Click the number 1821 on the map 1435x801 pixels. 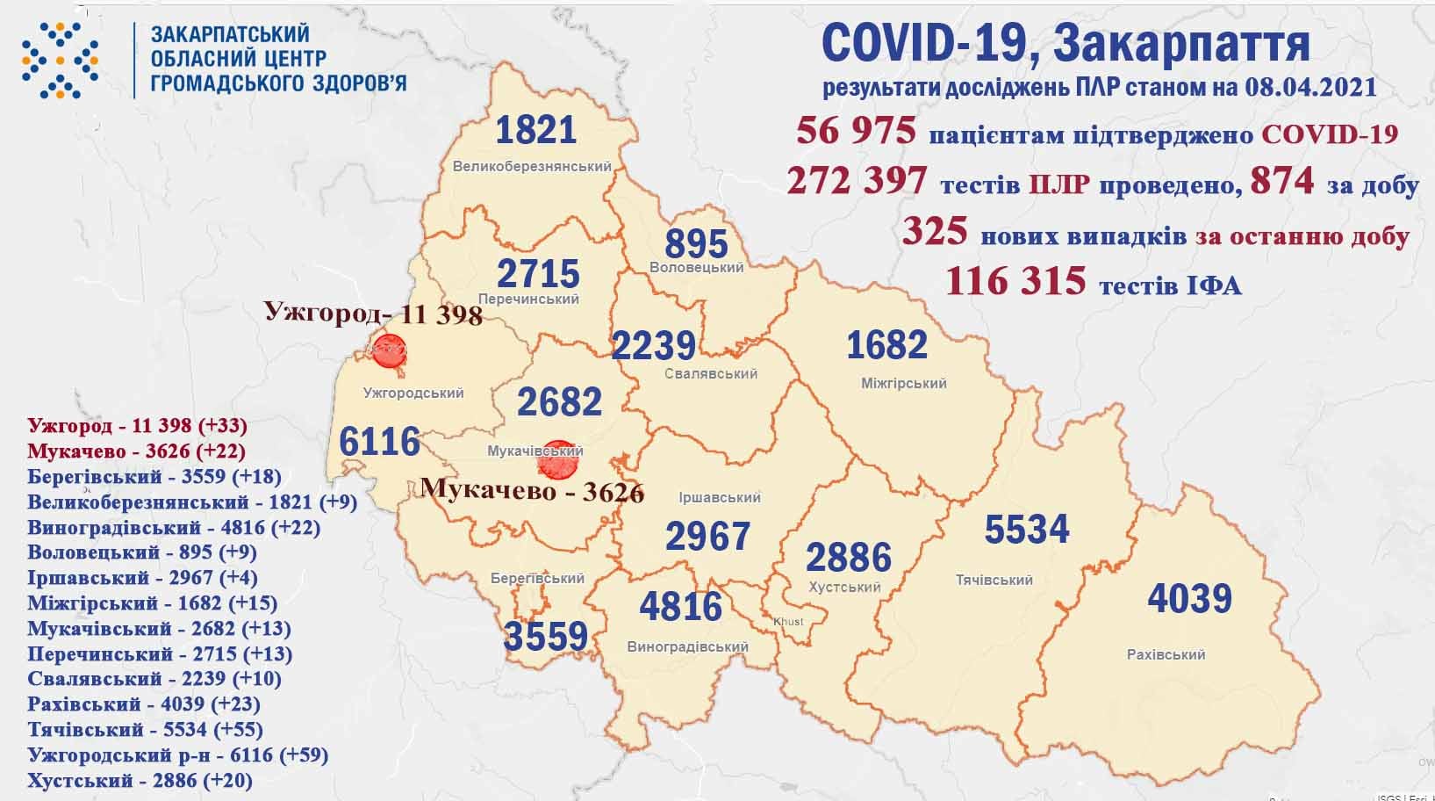535,130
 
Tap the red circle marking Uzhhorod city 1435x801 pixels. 389,351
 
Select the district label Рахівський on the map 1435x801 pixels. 1166,654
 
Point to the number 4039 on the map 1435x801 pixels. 1189,599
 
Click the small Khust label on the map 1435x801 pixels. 787,622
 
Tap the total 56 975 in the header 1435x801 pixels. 856,133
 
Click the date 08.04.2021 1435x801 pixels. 1309,88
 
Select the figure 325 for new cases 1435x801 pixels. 935,232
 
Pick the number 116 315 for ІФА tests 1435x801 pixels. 1015,281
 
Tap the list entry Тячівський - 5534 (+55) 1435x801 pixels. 145,729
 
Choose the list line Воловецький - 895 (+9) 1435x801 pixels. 141,552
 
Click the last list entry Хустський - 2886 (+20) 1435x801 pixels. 140,780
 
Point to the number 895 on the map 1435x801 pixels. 696,243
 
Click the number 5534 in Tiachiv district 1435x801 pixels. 1026,530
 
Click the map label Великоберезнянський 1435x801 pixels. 532,166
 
